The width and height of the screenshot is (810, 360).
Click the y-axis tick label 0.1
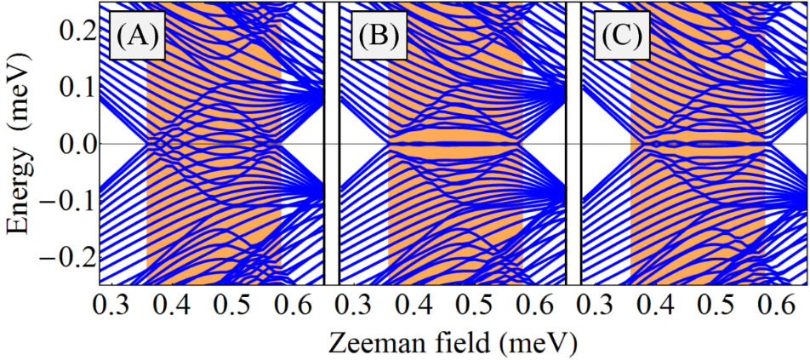coord(74,87)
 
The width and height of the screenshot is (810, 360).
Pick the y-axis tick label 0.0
coord(74,144)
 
